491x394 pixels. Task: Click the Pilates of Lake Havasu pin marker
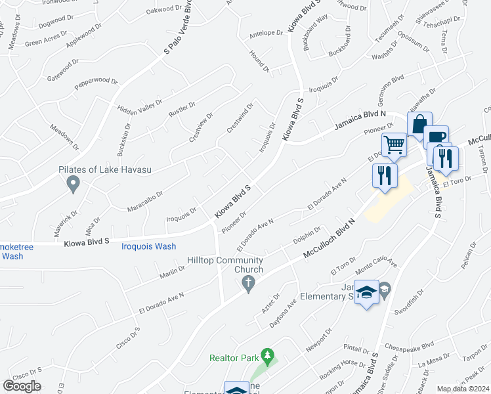tap(74, 184)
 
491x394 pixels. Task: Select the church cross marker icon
tap(247, 284)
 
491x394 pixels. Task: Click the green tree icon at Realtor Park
tap(267, 356)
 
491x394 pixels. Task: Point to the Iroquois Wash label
tap(149, 246)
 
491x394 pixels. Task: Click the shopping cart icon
tap(394, 144)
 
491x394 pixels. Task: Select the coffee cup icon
tap(436, 137)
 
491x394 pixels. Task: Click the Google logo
tap(22, 386)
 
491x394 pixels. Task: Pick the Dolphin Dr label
tap(307, 239)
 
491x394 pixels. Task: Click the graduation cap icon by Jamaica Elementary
tap(367, 292)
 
